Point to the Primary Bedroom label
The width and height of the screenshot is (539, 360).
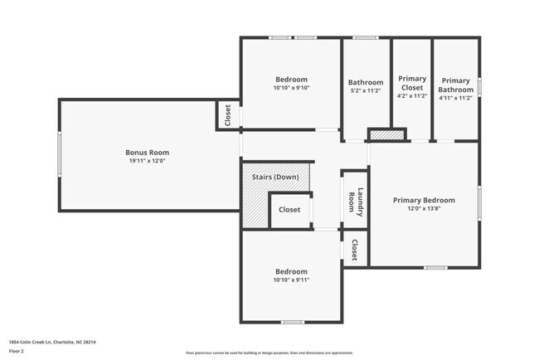[x=424, y=200]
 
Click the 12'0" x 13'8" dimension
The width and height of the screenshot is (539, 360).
[x=424, y=209]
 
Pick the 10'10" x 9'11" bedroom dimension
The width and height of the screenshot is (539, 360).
[x=291, y=280]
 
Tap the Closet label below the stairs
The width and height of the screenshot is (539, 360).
[x=289, y=210]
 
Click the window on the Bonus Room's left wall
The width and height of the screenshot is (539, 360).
[x=58, y=154]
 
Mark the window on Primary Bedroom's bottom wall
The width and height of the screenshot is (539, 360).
[x=435, y=267]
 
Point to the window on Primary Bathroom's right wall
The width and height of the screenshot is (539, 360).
[x=479, y=87]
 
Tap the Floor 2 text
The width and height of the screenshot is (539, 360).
[x=17, y=351]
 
